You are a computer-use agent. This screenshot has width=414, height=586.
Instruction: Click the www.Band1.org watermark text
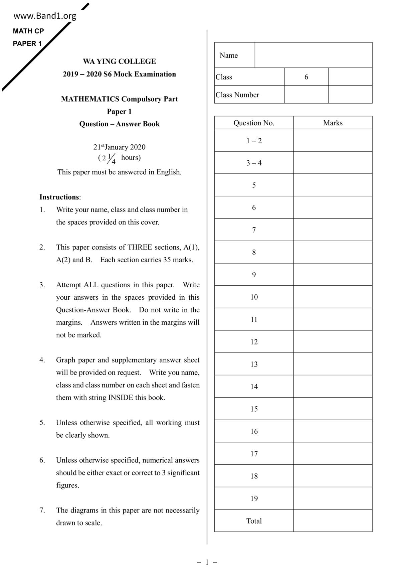click(45, 16)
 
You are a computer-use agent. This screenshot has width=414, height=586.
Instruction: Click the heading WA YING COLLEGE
click(119, 61)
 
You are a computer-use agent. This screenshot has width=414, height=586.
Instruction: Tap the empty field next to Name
click(313, 55)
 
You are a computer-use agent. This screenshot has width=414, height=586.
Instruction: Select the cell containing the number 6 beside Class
click(306, 77)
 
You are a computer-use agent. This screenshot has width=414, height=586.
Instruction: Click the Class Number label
click(237, 95)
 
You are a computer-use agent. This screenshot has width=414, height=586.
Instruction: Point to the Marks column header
click(333, 123)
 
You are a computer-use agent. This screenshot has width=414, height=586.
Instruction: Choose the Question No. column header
click(254, 123)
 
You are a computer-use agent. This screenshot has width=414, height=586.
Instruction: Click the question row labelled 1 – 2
click(254, 141)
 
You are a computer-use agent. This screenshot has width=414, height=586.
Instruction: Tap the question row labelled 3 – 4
click(254, 163)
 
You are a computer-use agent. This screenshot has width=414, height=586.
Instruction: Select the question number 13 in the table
click(254, 364)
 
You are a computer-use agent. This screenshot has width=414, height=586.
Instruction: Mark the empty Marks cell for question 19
click(333, 498)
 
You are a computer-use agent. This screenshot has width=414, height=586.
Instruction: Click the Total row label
click(254, 521)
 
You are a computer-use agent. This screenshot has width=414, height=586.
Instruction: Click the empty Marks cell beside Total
click(333, 521)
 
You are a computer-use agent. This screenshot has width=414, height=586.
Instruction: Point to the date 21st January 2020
click(119, 147)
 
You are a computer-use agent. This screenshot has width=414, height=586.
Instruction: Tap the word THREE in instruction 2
click(140, 247)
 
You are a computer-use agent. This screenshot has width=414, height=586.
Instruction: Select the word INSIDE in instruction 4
click(121, 398)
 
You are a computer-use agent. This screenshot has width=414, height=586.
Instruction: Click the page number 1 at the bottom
click(207, 562)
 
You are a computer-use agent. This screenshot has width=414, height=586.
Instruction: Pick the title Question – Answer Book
click(119, 124)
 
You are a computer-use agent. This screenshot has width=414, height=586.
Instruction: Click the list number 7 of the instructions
click(42, 510)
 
